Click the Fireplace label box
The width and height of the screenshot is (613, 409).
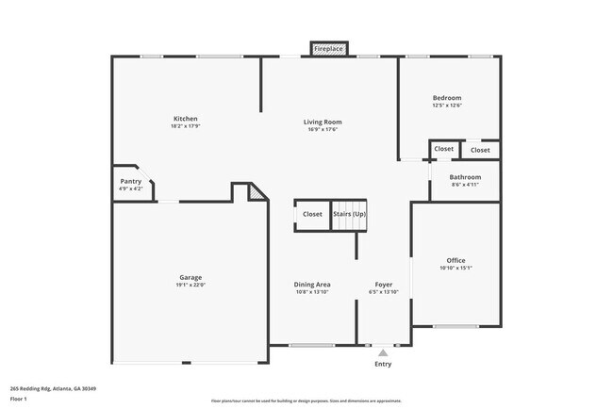point(329,48)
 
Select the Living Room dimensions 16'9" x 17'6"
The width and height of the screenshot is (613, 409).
point(323,129)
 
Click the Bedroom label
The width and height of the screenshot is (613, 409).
point(447,98)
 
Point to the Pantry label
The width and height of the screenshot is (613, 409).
point(131,181)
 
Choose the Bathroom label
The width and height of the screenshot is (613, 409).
point(465,177)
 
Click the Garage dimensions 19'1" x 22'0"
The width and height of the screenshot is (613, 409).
point(191,285)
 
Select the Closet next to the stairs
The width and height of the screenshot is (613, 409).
point(312,214)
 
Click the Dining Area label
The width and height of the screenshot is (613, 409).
point(312,284)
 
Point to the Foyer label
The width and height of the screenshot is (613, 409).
point(383,284)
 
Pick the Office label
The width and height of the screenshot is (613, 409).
point(456,260)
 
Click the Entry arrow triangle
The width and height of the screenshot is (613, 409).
point(383,353)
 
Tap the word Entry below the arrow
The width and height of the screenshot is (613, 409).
point(383,364)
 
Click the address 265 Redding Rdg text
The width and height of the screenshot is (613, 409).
point(54,388)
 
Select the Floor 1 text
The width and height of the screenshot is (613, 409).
point(20,399)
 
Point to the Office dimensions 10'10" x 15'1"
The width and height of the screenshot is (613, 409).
point(456,269)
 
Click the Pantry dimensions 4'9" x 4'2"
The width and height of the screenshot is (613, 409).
point(131,189)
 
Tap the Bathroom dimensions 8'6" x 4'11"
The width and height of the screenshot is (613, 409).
point(465,186)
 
